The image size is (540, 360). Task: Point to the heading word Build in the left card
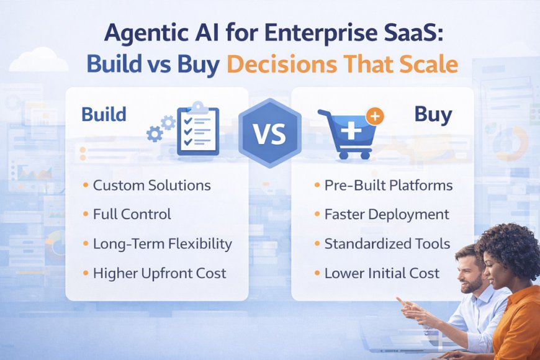tap(103, 115)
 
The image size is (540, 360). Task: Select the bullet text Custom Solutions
tap(151, 186)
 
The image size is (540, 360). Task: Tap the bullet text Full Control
tap(132, 215)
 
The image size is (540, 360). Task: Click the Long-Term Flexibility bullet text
tap(162, 244)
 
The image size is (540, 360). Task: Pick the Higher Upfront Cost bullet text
tap(160, 273)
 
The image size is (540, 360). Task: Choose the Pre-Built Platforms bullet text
tap(388, 186)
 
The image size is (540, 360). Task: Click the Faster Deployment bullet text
tap(386, 215)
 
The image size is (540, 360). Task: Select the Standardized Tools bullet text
tap(387, 244)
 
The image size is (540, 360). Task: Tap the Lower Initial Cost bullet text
tap(381, 273)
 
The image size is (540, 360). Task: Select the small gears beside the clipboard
tap(161, 128)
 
